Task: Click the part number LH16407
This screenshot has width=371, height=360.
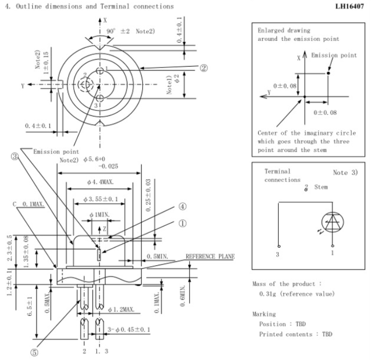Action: tap(349, 7)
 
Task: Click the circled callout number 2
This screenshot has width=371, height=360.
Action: tap(204, 68)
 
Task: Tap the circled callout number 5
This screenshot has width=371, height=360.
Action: tap(34, 352)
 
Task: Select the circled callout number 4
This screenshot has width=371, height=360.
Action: tap(182, 206)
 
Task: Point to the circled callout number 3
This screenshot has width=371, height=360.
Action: tap(15, 156)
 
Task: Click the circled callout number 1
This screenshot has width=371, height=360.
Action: tap(182, 223)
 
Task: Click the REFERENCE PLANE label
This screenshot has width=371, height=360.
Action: tap(210, 257)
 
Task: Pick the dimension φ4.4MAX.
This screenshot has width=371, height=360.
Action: tap(100, 182)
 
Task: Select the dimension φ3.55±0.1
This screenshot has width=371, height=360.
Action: tap(100, 199)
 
